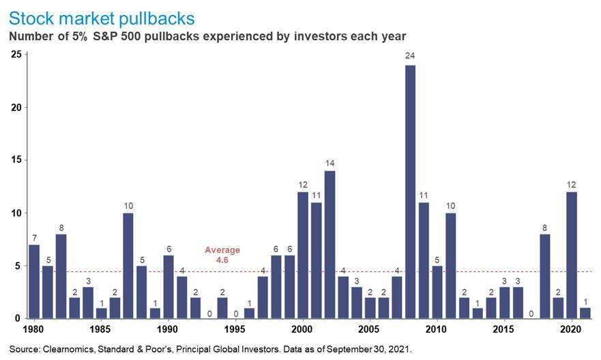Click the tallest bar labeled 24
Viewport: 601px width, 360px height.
click(411, 192)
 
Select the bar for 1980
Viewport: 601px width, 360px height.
click(34, 281)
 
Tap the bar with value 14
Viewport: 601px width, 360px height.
click(329, 244)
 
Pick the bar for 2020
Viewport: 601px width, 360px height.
click(572, 254)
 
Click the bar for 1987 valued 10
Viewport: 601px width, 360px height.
click(128, 265)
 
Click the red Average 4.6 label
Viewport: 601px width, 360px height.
click(222, 254)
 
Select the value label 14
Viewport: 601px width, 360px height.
click(329, 163)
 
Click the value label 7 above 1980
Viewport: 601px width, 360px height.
click(34, 237)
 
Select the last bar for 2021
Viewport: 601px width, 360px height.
click(585, 313)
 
